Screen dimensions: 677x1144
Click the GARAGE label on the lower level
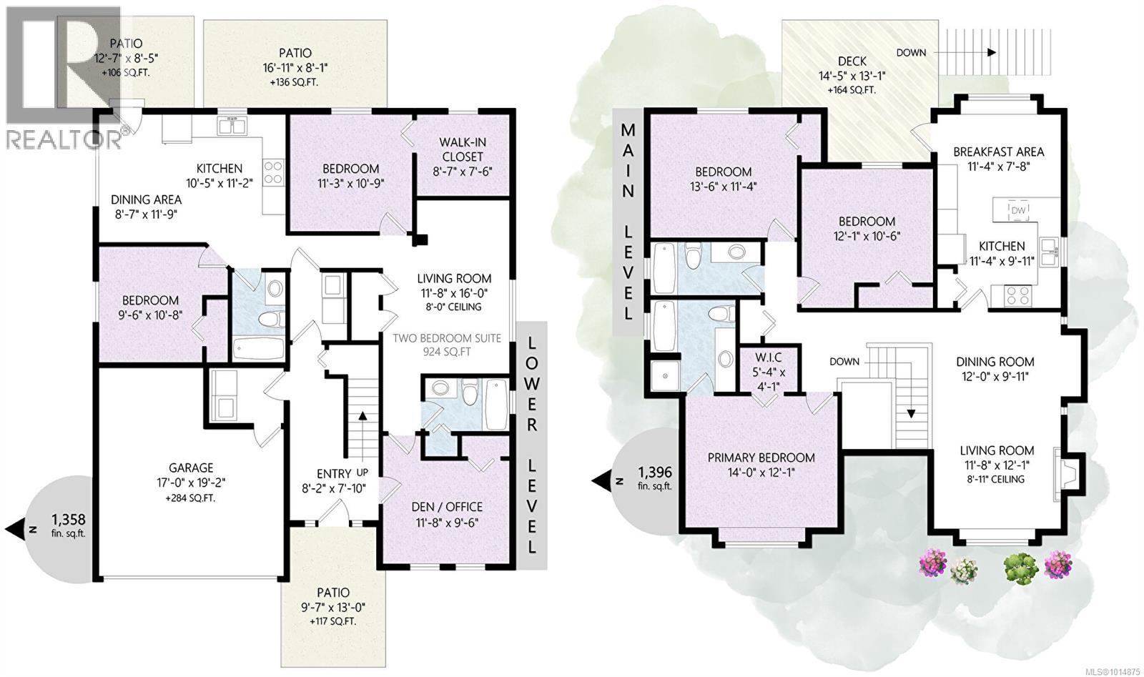pos(191,469)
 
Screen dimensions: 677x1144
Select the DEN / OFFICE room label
pos(447,507)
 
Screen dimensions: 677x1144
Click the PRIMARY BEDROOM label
pos(761,458)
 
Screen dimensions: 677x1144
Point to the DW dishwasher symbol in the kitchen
pos(1017,209)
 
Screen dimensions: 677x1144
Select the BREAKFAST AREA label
pos(998,152)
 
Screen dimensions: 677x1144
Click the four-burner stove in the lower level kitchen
pos(273,172)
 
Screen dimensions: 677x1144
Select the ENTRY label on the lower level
pos(334,473)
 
